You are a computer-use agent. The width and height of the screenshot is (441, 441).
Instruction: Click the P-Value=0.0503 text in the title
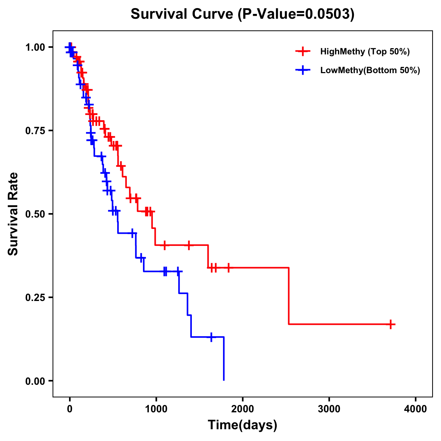pos(295,14)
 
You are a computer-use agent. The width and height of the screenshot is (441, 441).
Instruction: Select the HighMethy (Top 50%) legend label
pos(365,51)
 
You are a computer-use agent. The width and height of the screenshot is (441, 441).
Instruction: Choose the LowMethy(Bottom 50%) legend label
pos(370,70)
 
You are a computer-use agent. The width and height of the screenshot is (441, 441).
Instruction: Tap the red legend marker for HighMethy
pos(303,51)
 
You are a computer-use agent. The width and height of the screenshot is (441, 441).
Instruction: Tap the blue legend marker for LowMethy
pos(303,70)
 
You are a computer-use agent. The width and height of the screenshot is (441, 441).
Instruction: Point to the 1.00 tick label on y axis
pos(35,47)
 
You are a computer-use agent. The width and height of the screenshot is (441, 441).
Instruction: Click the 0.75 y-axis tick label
pos(35,130)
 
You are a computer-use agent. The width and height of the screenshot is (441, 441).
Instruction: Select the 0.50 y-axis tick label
pos(35,214)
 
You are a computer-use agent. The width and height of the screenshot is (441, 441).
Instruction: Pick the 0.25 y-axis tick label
pos(35,297)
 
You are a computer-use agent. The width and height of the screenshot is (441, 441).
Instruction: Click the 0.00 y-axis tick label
pos(35,381)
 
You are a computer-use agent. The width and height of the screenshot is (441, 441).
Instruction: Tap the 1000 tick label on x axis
pos(156,409)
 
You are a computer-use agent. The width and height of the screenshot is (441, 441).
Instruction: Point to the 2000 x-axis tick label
pos(243,409)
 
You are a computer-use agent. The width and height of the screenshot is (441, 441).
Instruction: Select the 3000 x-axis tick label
pos(329,409)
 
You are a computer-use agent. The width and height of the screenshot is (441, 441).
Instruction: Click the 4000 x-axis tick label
pos(416,409)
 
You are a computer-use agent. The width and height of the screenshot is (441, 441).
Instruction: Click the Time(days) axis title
pos(243,425)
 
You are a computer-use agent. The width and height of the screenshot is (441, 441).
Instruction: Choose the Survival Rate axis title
pos(13,214)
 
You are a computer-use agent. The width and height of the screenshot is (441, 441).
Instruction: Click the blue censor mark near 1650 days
pos(211,337)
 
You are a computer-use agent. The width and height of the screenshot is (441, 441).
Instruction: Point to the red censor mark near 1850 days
pos(229,268)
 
